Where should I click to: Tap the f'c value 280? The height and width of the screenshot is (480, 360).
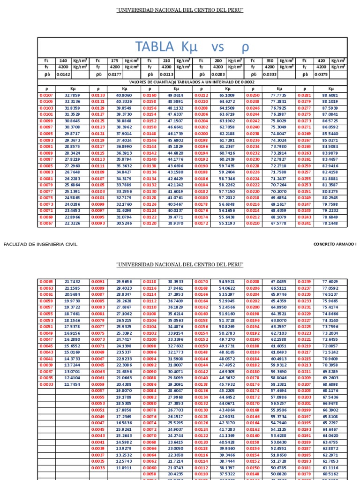(218, 60)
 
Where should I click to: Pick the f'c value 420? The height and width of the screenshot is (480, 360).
(321, 60)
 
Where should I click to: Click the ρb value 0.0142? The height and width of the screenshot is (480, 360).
(63, 74)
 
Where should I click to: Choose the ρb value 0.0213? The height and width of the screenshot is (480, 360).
(166, 74)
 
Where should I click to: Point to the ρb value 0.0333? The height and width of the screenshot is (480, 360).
(270, 74)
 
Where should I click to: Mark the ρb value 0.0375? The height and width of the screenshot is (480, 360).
(321, 74)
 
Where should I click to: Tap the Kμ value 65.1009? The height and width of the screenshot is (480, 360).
(227, 95)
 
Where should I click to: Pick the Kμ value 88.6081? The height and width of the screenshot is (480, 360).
(330, 95)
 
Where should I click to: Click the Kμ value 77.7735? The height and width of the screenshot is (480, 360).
(279, 95)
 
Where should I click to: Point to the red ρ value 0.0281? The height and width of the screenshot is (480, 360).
(305, 95)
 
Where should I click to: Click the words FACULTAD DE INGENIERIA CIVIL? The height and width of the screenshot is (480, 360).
(40, 245)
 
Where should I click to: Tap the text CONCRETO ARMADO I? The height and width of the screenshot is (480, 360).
(335, 245)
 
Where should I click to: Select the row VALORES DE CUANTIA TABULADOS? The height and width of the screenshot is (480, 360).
(192, 82)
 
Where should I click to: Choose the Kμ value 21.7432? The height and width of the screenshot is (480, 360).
(72, 281)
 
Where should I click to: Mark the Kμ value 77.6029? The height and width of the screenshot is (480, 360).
(330, 281)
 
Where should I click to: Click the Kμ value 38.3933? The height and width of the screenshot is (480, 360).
(176, 281)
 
